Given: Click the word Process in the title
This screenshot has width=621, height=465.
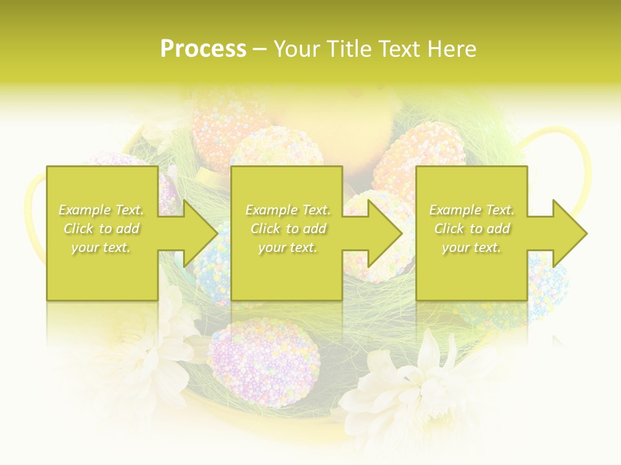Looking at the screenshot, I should [203, 49].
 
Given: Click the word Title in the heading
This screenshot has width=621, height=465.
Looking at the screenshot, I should [349, 49].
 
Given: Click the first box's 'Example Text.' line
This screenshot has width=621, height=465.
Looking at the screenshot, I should [101, 210].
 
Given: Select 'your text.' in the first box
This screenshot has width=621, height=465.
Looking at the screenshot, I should [101, 247].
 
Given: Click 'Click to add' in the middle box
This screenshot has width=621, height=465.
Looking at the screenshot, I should [288, 229].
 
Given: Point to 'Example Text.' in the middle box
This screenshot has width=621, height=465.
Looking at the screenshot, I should [288, 210].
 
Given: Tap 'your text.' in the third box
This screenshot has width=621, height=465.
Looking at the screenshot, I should [471, 247].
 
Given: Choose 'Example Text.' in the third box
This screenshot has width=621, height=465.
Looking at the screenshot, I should [471, 210].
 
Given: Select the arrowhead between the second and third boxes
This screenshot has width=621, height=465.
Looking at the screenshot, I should [386, 232].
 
